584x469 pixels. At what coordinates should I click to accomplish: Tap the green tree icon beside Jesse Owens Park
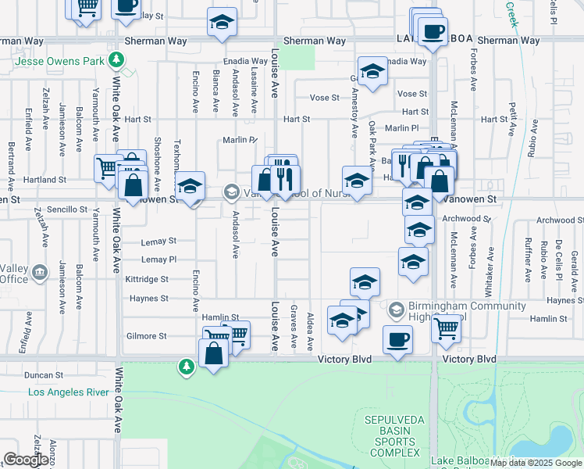116,59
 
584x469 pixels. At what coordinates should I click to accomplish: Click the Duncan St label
42,375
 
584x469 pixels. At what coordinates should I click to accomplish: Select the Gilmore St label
147,336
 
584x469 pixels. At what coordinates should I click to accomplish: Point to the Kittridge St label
147,279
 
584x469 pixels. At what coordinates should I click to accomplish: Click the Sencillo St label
67,209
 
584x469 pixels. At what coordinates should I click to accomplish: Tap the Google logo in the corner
26,460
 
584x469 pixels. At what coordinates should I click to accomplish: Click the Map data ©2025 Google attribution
536,463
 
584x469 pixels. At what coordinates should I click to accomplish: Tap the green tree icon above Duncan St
186,366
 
